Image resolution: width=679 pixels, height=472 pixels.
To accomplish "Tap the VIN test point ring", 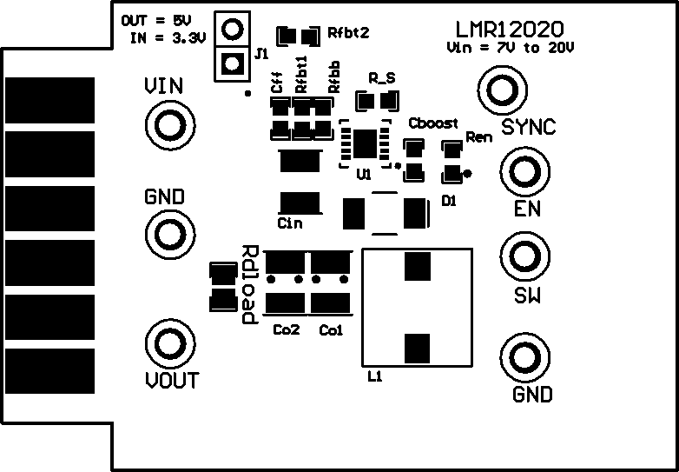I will [165, 125].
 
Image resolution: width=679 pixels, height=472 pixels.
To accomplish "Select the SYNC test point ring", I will [501, 90].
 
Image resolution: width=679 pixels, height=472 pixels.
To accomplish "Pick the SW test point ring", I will [524, 256].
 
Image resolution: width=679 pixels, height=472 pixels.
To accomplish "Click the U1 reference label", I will [364, 175].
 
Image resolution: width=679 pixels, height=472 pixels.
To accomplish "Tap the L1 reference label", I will [375, 377].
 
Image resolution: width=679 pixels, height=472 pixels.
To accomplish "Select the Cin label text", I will [290, 223].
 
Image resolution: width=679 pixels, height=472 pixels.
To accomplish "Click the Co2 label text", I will [287, 330].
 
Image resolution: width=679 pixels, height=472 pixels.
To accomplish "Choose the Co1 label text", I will [331, 330].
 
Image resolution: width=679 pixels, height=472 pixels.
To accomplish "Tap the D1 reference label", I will [449, 201].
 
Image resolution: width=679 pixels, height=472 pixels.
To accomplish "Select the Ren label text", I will [478, 137].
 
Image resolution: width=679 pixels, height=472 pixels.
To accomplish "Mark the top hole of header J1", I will [231, 30].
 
